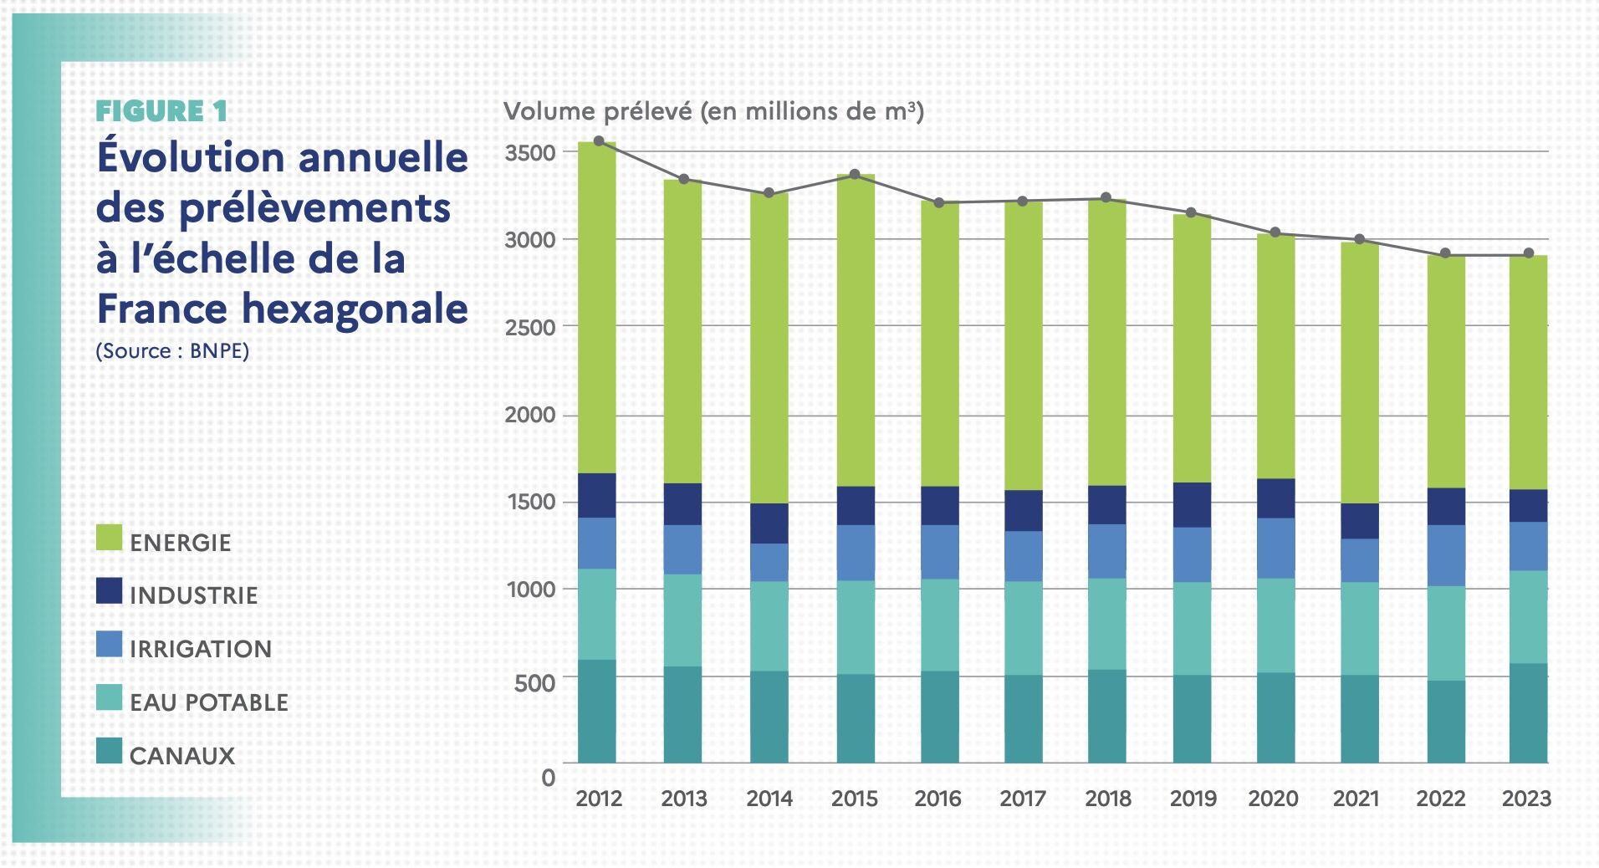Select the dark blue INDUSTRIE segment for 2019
click(1192, 504)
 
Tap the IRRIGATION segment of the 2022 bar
click(1446, 555)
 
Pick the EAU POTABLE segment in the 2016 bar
click(940, 625)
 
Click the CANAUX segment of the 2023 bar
click(1528, 712)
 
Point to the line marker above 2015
click(855, 175)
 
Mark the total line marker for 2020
click(1275, 232)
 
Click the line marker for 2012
click(599, 141)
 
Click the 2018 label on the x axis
click(1108, 799)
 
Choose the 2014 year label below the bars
click(769, 799)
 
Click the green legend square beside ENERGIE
click(110, 538)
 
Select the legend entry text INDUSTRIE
click(194, 595)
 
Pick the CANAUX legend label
click(182, 756)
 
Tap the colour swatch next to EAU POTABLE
click(110, 698)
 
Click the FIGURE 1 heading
click(161, 111)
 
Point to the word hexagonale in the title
click(355, 309)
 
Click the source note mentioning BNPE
click(172, 350)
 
